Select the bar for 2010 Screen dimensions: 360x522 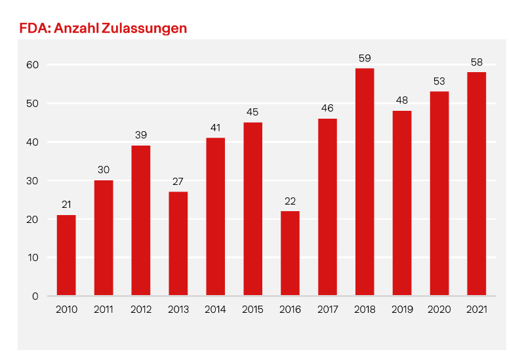coord(66,256)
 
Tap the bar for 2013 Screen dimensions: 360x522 coord(178,243)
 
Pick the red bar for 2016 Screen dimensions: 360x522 coord(290,253)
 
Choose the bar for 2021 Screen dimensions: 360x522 coord(477,184)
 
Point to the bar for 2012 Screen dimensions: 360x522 coord(141,220)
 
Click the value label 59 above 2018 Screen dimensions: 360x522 coord(365,58)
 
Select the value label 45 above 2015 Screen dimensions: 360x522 coord(252,112)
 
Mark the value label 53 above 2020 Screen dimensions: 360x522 coord(439,81)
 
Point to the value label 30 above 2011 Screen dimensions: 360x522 coord(104,170)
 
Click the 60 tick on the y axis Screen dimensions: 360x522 coord(33,65)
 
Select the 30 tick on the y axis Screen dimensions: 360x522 coord(33,181)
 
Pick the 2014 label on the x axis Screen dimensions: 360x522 coord(216,310)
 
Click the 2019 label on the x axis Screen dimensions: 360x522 coord(402,310)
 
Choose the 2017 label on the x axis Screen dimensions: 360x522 coord(327,310)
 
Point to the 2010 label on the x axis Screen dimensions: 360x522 coord(66,310)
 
